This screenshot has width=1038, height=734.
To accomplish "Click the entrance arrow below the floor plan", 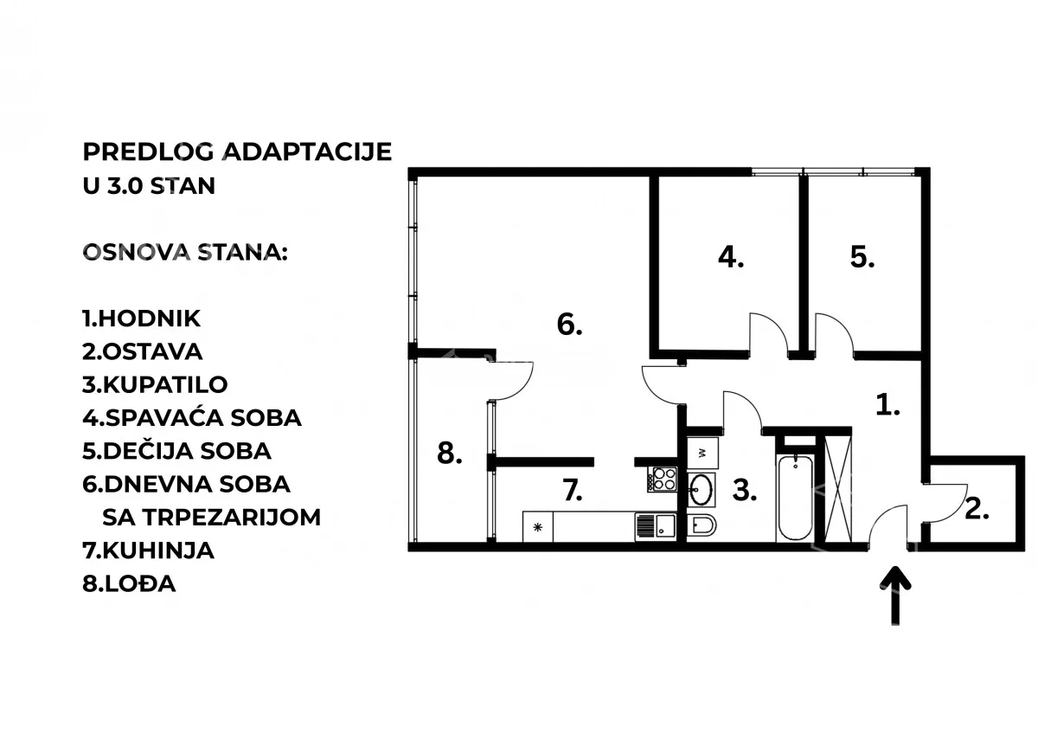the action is click(895, 596).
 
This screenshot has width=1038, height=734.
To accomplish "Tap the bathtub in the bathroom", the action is click(795, 498).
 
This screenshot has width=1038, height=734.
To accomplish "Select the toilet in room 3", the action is click(702, 525).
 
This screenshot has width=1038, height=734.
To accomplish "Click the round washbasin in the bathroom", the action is click(702, 489).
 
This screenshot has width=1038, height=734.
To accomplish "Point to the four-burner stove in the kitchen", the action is click(663, 479).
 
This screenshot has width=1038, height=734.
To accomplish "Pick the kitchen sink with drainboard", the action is click(656, 525).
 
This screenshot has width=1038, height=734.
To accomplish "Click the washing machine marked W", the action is click(702, 453).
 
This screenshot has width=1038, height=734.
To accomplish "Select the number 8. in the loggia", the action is click(450, 453).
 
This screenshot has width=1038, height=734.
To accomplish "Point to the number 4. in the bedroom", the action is click(731, 257).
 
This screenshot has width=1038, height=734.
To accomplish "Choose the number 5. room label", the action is click(862, 257).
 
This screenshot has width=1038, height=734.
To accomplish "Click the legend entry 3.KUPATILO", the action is click(155, 384).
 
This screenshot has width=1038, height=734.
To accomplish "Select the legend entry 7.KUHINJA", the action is click(148, 550).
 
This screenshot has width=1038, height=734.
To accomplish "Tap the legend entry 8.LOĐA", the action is click(129, 583).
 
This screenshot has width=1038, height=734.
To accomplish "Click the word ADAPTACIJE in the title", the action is click(308, 151).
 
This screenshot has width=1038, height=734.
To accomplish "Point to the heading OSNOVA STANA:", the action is click(185, 253).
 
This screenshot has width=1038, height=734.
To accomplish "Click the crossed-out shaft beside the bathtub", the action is click(838, 488).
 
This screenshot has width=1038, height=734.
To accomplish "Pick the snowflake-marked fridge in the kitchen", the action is click(537, 527).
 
